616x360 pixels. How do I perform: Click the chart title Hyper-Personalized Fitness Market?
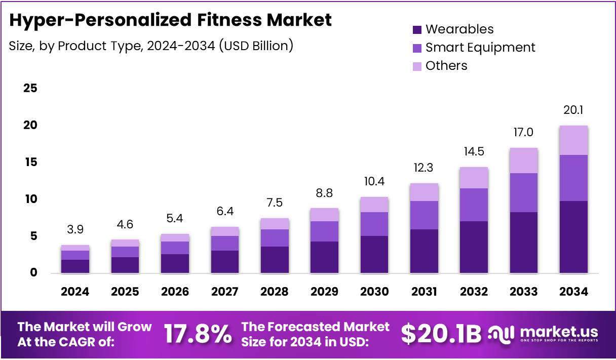pos(171,20)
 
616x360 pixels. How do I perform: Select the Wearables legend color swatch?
pos(417,29)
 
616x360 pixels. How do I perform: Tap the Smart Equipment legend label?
pos(480,48)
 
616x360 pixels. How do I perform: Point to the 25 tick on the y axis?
pos(30,89)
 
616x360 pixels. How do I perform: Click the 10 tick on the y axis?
pos(30,199)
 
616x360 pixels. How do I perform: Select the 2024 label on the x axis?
pos(75,292)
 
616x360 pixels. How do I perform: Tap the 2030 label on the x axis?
pos(374,292)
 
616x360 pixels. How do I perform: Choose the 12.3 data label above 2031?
pos(424,168)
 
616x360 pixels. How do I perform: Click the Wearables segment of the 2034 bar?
pos(574,237)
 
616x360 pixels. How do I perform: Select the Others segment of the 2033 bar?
pos(524,161)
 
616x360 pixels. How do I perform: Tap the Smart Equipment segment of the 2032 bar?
pos(474,205)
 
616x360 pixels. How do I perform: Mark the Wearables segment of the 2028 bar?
pos(275,260)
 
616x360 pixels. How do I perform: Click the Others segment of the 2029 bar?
pos(324,215)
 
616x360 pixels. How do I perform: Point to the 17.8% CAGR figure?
pos(198,334)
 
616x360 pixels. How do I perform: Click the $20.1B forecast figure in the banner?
pos(441,334)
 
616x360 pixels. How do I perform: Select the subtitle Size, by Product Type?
pos(151,46)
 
